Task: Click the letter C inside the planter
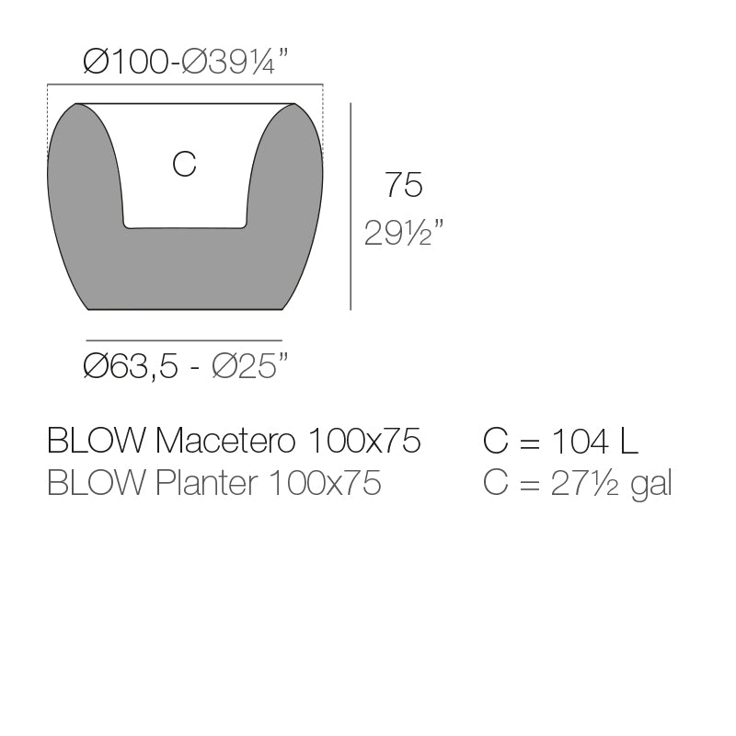(184, 165)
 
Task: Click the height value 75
(403, 186)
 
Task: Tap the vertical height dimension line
(351, 206)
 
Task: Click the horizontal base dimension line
(184, 339)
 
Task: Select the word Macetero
(225, 442)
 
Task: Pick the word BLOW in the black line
(96, 442)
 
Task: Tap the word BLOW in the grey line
(96, 483)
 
